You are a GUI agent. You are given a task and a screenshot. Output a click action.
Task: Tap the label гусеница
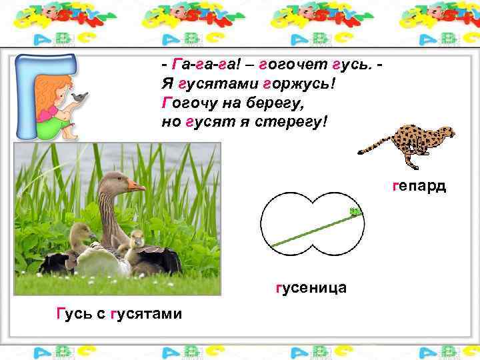pyautogui.click(x=310, y=287)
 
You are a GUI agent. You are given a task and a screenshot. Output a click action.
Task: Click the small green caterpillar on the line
pyautogui.click(x=355, y=213)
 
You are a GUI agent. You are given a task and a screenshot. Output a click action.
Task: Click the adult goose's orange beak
pyautogui.click(x=137, y=186)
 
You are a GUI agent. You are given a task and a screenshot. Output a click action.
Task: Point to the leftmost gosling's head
pyautogui.click(x=80, y=231)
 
